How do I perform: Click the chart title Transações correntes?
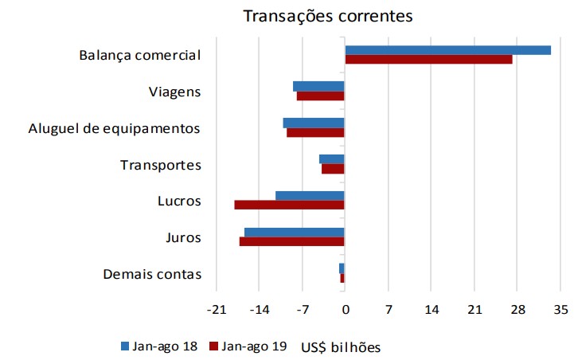click(328, 17)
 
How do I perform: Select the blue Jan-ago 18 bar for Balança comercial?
click(447, 50)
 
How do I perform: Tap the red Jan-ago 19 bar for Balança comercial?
click(428, 60)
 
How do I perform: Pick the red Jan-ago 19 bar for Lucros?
click(289, 205)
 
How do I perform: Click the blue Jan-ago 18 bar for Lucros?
click(310, 196)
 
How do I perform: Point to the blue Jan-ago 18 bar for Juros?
click(294, 233)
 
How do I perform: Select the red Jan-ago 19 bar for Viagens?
click(320, 96)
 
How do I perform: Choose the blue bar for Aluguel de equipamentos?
click(314, 123)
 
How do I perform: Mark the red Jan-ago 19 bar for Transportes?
click(333, 169)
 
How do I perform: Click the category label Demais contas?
click(152, 275)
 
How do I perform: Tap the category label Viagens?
click(174, 92)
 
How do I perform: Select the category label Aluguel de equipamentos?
click(115, 128)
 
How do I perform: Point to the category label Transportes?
click(160, 165)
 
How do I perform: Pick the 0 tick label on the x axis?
click(345, 310)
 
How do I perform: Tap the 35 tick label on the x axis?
click(560, 310)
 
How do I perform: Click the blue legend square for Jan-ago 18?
click(124, 346)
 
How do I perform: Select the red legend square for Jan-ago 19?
click(213, 346)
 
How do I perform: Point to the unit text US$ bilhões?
click(341, 346)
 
